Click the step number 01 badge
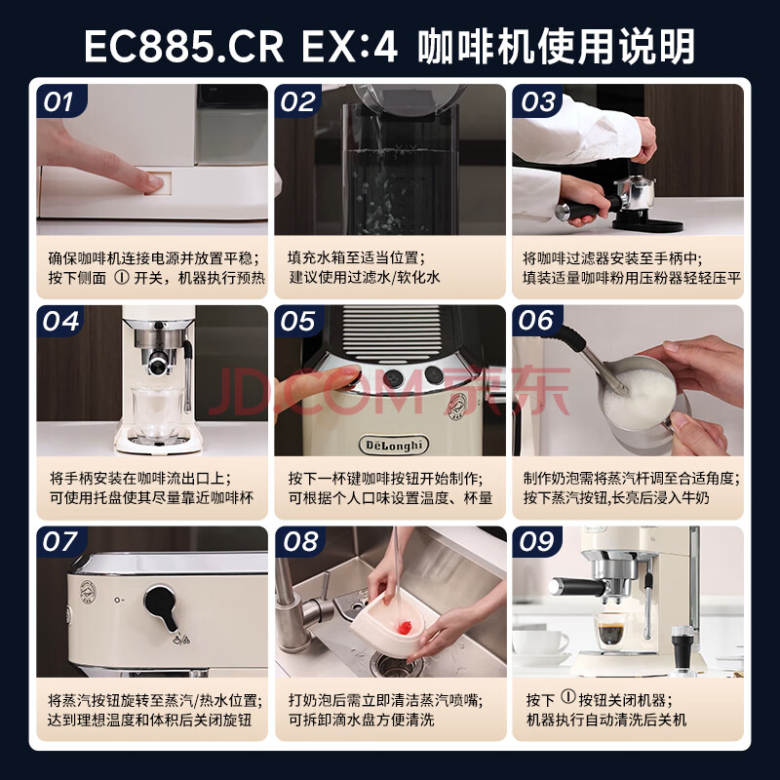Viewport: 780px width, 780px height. coord(60,101)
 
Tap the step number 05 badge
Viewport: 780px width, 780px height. coord(297,321)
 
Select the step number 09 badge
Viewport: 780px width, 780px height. coord(536,542)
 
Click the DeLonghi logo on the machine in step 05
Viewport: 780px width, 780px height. coord(394,445)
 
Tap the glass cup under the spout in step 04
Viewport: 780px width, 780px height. coord(155,412)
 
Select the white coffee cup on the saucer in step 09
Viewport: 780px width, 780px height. coord(540,642)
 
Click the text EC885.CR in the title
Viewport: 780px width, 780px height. coord(183,47)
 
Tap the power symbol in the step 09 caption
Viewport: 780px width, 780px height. coord(568,696)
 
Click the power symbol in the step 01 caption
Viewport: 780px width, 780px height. coord(121,277)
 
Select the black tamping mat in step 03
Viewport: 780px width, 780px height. coord(647,224)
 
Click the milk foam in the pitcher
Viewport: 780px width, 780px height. coord(638,399)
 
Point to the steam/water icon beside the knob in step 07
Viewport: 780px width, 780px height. coord(181,639)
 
